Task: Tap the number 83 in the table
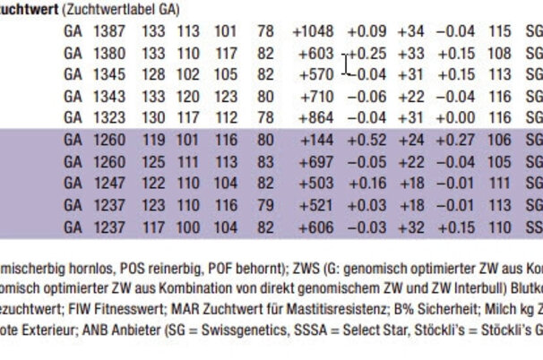264,162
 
